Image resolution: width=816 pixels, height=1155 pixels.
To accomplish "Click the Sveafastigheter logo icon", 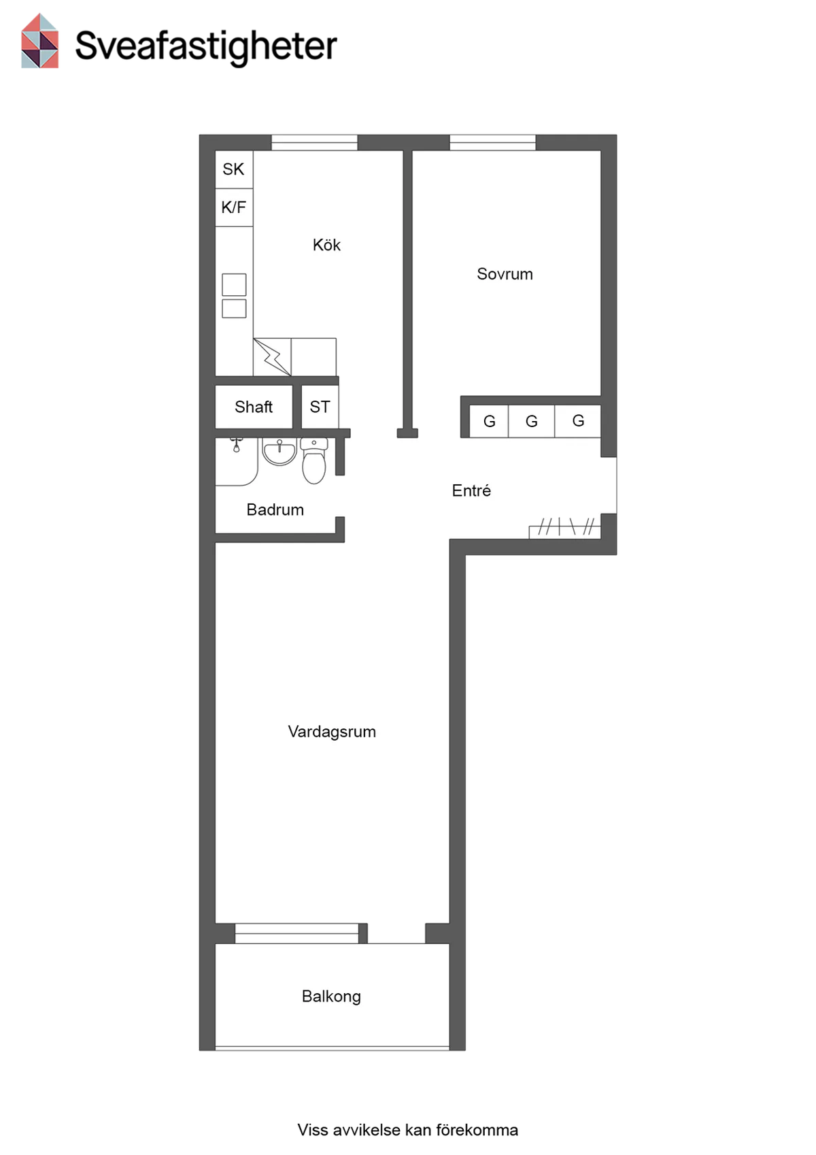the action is coord(39,41).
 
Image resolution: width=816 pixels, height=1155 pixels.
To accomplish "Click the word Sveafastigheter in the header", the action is coord(206,46).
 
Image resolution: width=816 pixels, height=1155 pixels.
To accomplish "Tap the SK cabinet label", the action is coord(233,169).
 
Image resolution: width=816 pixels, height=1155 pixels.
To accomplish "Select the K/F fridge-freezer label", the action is coord(233,207).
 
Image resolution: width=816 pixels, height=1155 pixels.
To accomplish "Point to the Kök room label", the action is coord(326,245).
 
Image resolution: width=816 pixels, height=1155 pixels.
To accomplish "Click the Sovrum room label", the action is coord(505,274).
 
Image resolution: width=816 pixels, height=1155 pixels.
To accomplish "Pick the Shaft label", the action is coord(254,407).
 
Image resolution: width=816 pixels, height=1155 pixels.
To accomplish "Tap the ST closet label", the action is coord(320,407).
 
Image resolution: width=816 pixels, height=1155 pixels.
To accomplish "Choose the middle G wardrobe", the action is coord(532,421).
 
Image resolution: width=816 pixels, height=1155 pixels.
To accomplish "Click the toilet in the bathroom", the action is coord(314,461).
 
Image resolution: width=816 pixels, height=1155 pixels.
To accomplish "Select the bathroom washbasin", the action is coord(279,451).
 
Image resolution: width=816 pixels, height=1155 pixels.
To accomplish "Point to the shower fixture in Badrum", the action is coord(237,444).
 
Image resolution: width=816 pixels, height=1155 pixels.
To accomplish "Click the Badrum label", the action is coord(275,509).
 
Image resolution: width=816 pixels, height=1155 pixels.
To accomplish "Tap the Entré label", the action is coord(471,490).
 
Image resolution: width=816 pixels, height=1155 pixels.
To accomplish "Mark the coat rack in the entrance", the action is coord(565,528).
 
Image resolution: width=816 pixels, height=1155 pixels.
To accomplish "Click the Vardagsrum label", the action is coord(332,731).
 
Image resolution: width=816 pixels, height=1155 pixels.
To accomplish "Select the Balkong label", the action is coord(331,997).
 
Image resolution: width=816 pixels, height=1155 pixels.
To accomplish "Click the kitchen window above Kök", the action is coord(314,143).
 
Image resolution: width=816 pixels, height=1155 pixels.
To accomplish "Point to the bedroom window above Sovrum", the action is coord(493,143).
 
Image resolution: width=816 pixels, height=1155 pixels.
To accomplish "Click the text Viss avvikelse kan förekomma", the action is coord(408,1130).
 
